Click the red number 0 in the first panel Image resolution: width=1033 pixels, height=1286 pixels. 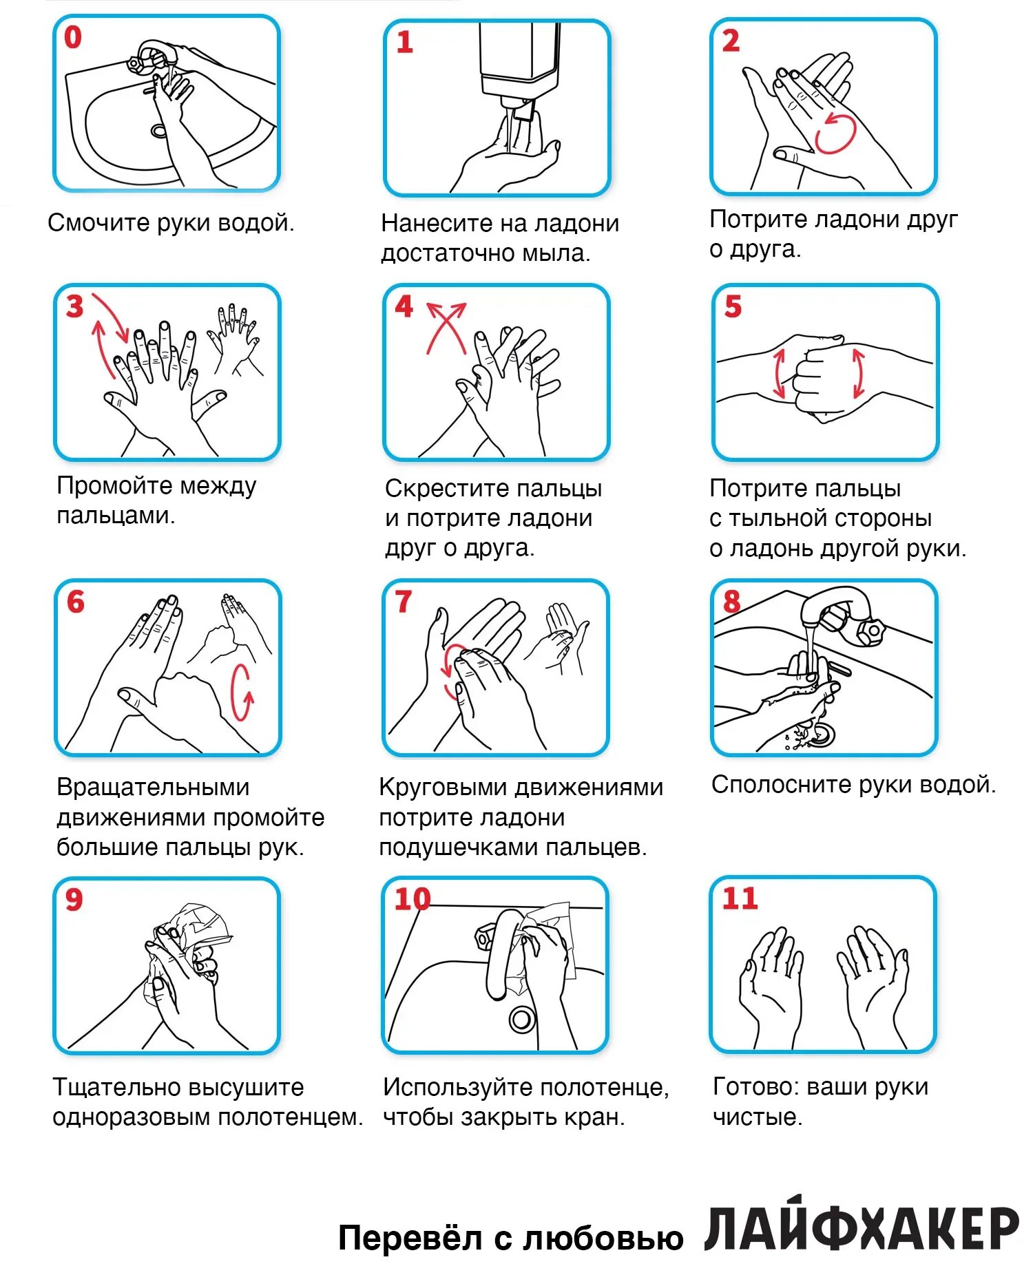point(72,37)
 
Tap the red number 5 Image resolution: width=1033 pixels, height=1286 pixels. point(733,306)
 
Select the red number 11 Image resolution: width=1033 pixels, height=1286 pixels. point(740,898)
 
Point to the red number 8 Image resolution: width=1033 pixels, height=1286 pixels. point(731,602)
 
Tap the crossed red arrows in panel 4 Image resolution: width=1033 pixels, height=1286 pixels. point(446,327)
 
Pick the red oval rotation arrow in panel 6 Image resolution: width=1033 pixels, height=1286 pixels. point(241,692)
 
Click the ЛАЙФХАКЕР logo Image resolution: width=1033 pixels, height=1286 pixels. point(861,1227)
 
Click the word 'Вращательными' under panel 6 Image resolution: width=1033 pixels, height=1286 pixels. point(153,787)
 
